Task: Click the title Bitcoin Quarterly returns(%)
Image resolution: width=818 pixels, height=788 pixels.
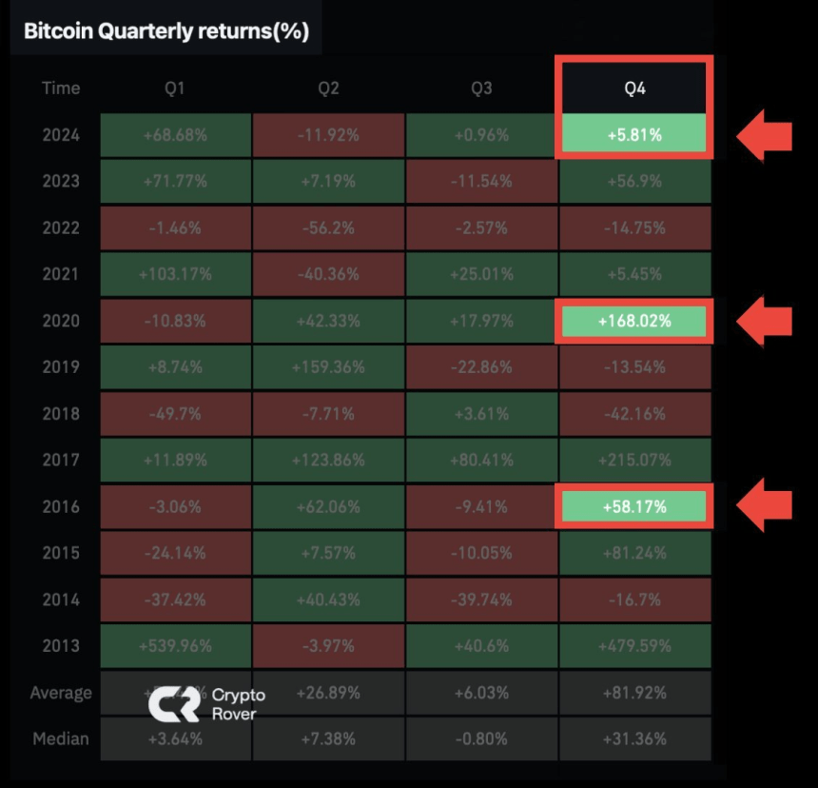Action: point(166,30)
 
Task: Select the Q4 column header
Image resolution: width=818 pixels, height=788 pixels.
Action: point(634,89)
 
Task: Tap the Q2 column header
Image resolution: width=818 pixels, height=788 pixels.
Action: point(328,89)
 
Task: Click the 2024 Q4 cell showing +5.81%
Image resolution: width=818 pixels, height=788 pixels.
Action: point(634,135)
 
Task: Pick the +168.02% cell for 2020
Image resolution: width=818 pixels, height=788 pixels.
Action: point(634,322)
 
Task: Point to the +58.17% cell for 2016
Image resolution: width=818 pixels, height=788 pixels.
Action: point(634,507)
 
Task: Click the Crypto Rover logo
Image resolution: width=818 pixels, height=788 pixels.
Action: point(205,703)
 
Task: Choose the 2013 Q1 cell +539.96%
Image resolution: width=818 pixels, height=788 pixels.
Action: point(175,646)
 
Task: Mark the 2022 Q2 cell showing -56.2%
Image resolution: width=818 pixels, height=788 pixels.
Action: point(328,228)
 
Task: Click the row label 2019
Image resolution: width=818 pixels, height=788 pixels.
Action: point(61,367)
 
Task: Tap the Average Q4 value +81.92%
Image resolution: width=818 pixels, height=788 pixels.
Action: point(634,693)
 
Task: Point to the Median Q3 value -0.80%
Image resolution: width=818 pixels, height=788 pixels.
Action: point(481,739)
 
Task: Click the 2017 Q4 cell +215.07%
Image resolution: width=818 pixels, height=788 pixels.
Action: point(634,461)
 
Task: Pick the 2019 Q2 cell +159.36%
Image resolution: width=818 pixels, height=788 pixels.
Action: point(328,367)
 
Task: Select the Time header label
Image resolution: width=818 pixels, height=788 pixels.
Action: point(61,89)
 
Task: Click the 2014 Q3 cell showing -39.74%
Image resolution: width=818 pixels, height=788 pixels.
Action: point(481,600)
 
